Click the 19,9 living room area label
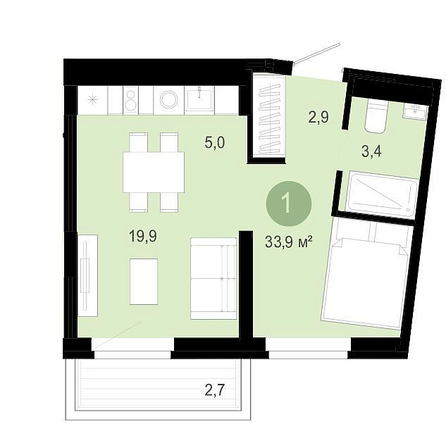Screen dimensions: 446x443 pyautogui.click(x=143, y=236)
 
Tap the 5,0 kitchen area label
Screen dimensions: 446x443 pyautogui.click(x=215, y=142)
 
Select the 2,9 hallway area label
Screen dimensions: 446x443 pyautogui.click(x=318, y=117)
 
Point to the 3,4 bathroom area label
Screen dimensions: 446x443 pyautogui.click(x=371, y=151)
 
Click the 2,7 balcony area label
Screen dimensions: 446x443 pyautogui.click(x=215, y=390)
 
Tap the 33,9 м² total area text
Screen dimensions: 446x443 pyautogui.click(x=289, y=242)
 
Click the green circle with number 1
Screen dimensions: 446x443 pyautogui.click(x=289, y=204)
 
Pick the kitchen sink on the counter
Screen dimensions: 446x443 pyautogui.click(x=199, y=100)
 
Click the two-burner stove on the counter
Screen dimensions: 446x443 pyautogui.click(x=131, y=101)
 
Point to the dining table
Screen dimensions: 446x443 pyautogui.click(x=154, y=172)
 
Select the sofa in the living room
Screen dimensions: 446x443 pyautogui.click(x=213, y=278)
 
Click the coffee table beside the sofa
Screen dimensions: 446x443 pyautogui.click(x=144, y=282)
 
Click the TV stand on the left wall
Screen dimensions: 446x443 pyautogui.click(x=88, y=275)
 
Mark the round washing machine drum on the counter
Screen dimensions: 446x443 pyautogui.click(x=169, y=101)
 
